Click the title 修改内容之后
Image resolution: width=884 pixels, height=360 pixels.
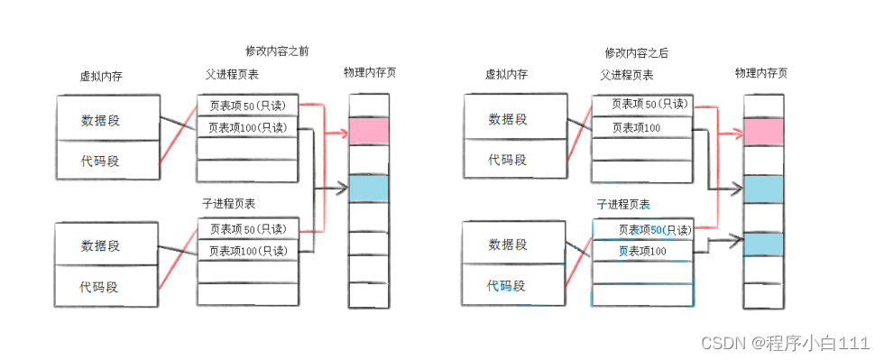(x=636, y=53)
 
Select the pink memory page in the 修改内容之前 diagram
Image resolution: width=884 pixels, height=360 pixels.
(x=368, y=131)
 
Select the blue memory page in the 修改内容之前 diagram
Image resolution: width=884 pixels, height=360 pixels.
(x=368, y=188)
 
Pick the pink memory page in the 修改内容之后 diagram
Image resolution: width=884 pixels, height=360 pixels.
(x=762, y=131)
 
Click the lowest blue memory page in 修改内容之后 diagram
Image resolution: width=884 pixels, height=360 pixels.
(x=762, y=244)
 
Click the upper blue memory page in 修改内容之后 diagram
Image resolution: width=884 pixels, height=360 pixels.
(x=762, y=188)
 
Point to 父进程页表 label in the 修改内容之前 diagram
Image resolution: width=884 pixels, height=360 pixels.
(x=232, y=75)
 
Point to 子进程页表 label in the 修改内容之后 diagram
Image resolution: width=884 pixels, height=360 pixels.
(x=623, y=205)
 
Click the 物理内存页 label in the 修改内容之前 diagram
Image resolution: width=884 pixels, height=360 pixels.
(x=370, y=72)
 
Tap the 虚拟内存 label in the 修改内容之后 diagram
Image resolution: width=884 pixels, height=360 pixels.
(x=506, y=76)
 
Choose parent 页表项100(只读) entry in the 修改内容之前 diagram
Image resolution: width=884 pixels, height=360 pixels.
(x=247, y=127)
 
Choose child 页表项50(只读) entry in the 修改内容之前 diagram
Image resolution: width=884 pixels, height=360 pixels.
(x=247, y=229)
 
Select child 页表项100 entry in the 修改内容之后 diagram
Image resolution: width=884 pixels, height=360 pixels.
(x=642, y=250)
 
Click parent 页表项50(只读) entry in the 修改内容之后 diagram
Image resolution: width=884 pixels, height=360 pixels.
(x=642, y=105)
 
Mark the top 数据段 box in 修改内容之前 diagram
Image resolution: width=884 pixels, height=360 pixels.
(x=108, y=119)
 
